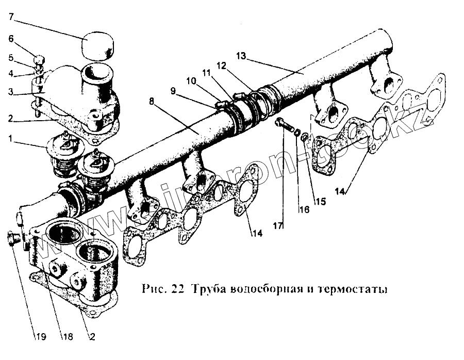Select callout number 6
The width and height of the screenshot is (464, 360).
[11, 38]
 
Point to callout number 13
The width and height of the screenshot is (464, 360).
[242, 55]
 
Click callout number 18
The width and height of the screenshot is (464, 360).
[68, 337]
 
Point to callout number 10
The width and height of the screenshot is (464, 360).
[191, 81]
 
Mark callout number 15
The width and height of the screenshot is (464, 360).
[321, 202]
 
